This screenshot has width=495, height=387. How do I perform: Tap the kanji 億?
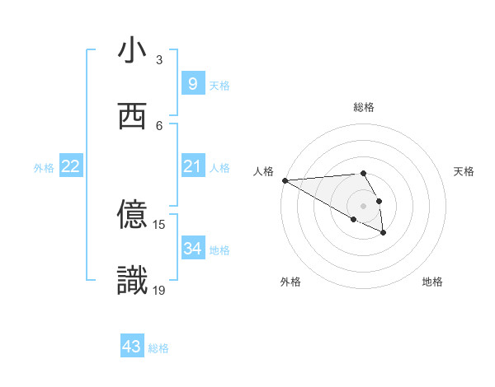pyautogui.click(x=132, y=215)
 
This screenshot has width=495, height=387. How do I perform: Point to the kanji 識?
pyautogui.click(x=132, y=281)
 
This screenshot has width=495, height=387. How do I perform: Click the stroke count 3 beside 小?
pyautogui.click(x=159, y=60)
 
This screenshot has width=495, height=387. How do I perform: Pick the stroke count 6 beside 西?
pyautogui.click(x=159, y=126)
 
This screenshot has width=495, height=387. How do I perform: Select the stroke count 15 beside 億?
pyautogui.click(x=159, y=224)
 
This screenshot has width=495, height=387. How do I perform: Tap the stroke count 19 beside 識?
pyautogui.click(x=159, y=290)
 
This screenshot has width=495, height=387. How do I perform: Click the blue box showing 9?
pyautogui.click(x=192, y=84)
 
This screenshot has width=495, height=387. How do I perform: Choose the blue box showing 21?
pyautogui.click(x=192, y=166)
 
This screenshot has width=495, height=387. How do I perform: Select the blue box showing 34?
pyautogui.click(x=192, y=249)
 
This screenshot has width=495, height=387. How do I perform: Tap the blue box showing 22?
pyautogui.click(x=71, y=166)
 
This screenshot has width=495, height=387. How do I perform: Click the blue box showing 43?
pyautogui.click(x=132, y=347)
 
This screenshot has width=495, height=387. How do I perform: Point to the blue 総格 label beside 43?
pyautogui.click(x=158, y=348)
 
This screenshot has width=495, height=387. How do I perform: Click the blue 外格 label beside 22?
pyautogui.click(x=44, y=168)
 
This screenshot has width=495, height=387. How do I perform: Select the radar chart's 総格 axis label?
pyautogui.click(x=363, y=107)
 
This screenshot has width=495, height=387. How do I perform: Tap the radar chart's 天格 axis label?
pyautogui.click(x=464, y=171)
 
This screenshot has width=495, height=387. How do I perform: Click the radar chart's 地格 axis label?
pyautogui.click(x=432, y=282)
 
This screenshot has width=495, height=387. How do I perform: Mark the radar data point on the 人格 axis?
pyautogui.click(x=285, y=180)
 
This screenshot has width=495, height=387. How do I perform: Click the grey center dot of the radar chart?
pyautogui.click(x=363, y=205)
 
